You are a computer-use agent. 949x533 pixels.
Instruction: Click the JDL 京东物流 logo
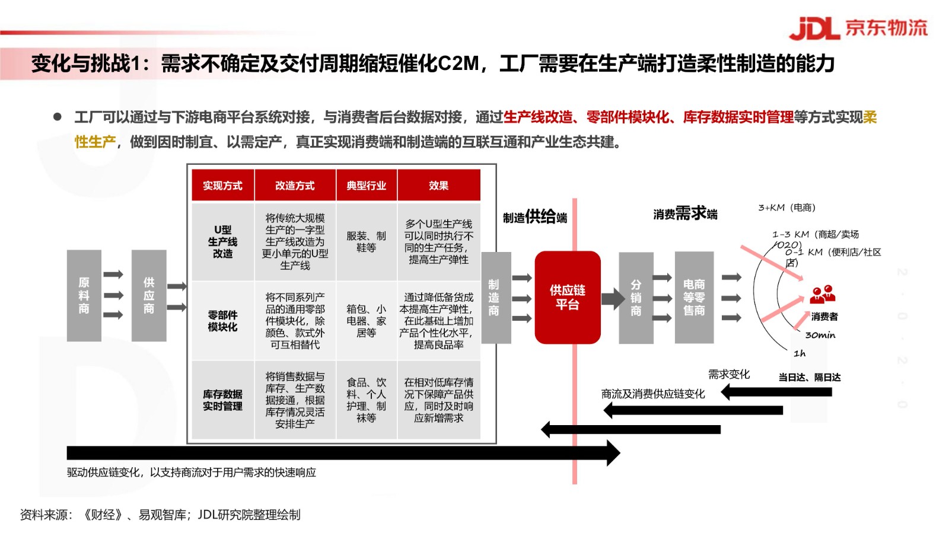click(858, 28)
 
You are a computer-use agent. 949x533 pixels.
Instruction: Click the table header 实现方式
click(222, 186)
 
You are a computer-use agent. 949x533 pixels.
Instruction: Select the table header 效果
click(438, 186)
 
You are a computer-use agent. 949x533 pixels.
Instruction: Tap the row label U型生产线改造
click(222, 242)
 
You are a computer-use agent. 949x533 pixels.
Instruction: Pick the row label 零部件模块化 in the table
click(222, 321)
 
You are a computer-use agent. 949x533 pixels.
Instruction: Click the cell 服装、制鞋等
click(366, 242)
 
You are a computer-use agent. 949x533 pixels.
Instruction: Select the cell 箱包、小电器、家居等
click(366, 321)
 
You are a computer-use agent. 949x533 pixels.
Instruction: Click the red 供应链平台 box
click(568, 297)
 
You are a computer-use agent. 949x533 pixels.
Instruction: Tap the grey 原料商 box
click(84, 295)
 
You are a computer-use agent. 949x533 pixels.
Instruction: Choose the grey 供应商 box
click(149, 295)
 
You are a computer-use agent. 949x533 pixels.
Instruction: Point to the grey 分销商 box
click(636, 298)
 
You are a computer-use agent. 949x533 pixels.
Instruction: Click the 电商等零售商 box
click(694, 297)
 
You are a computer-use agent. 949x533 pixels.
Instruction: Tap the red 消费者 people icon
click(822, 294)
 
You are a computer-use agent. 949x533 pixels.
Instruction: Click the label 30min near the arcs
click(820, 335)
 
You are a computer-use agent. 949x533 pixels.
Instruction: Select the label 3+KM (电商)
click(786, 208)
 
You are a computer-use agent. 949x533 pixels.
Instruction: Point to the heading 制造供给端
click(534, 217)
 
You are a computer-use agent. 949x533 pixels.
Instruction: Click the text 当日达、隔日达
click(810, 377)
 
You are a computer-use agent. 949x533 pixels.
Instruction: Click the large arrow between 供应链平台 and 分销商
click(613, 298)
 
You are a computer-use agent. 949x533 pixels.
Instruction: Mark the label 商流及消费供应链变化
click(653, 394)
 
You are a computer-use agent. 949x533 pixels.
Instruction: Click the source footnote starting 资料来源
click(160, 515)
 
